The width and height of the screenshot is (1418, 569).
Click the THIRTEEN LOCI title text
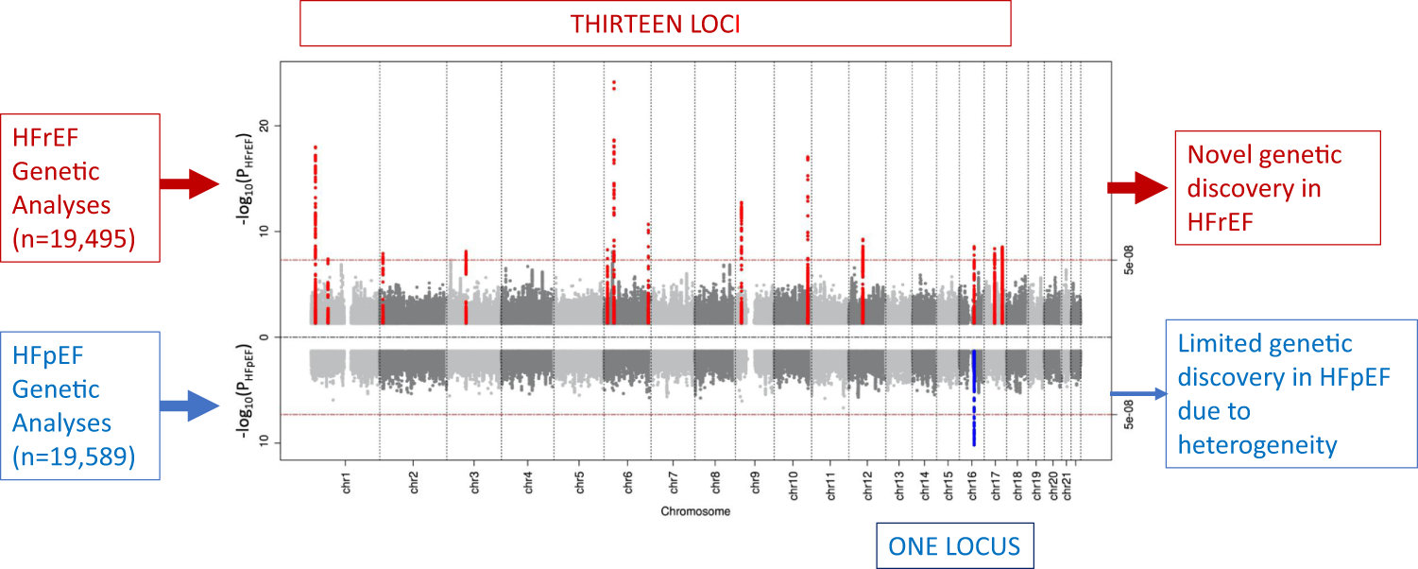click(655, 24)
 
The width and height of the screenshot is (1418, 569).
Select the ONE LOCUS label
click(955, 545)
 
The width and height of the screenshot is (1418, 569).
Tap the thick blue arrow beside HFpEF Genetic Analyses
click(189, 406)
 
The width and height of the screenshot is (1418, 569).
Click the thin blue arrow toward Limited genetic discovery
click(1136, 394)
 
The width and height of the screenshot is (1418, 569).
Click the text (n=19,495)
click(75, 240)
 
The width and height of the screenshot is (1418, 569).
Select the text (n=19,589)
click(75, 457)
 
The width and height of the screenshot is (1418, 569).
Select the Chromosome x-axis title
click(694, 511)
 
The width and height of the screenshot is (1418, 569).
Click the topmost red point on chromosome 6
click(614, 82)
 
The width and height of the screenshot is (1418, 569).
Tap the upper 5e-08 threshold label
click(1127, 261)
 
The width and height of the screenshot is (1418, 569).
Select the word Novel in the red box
click(1220, 154)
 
